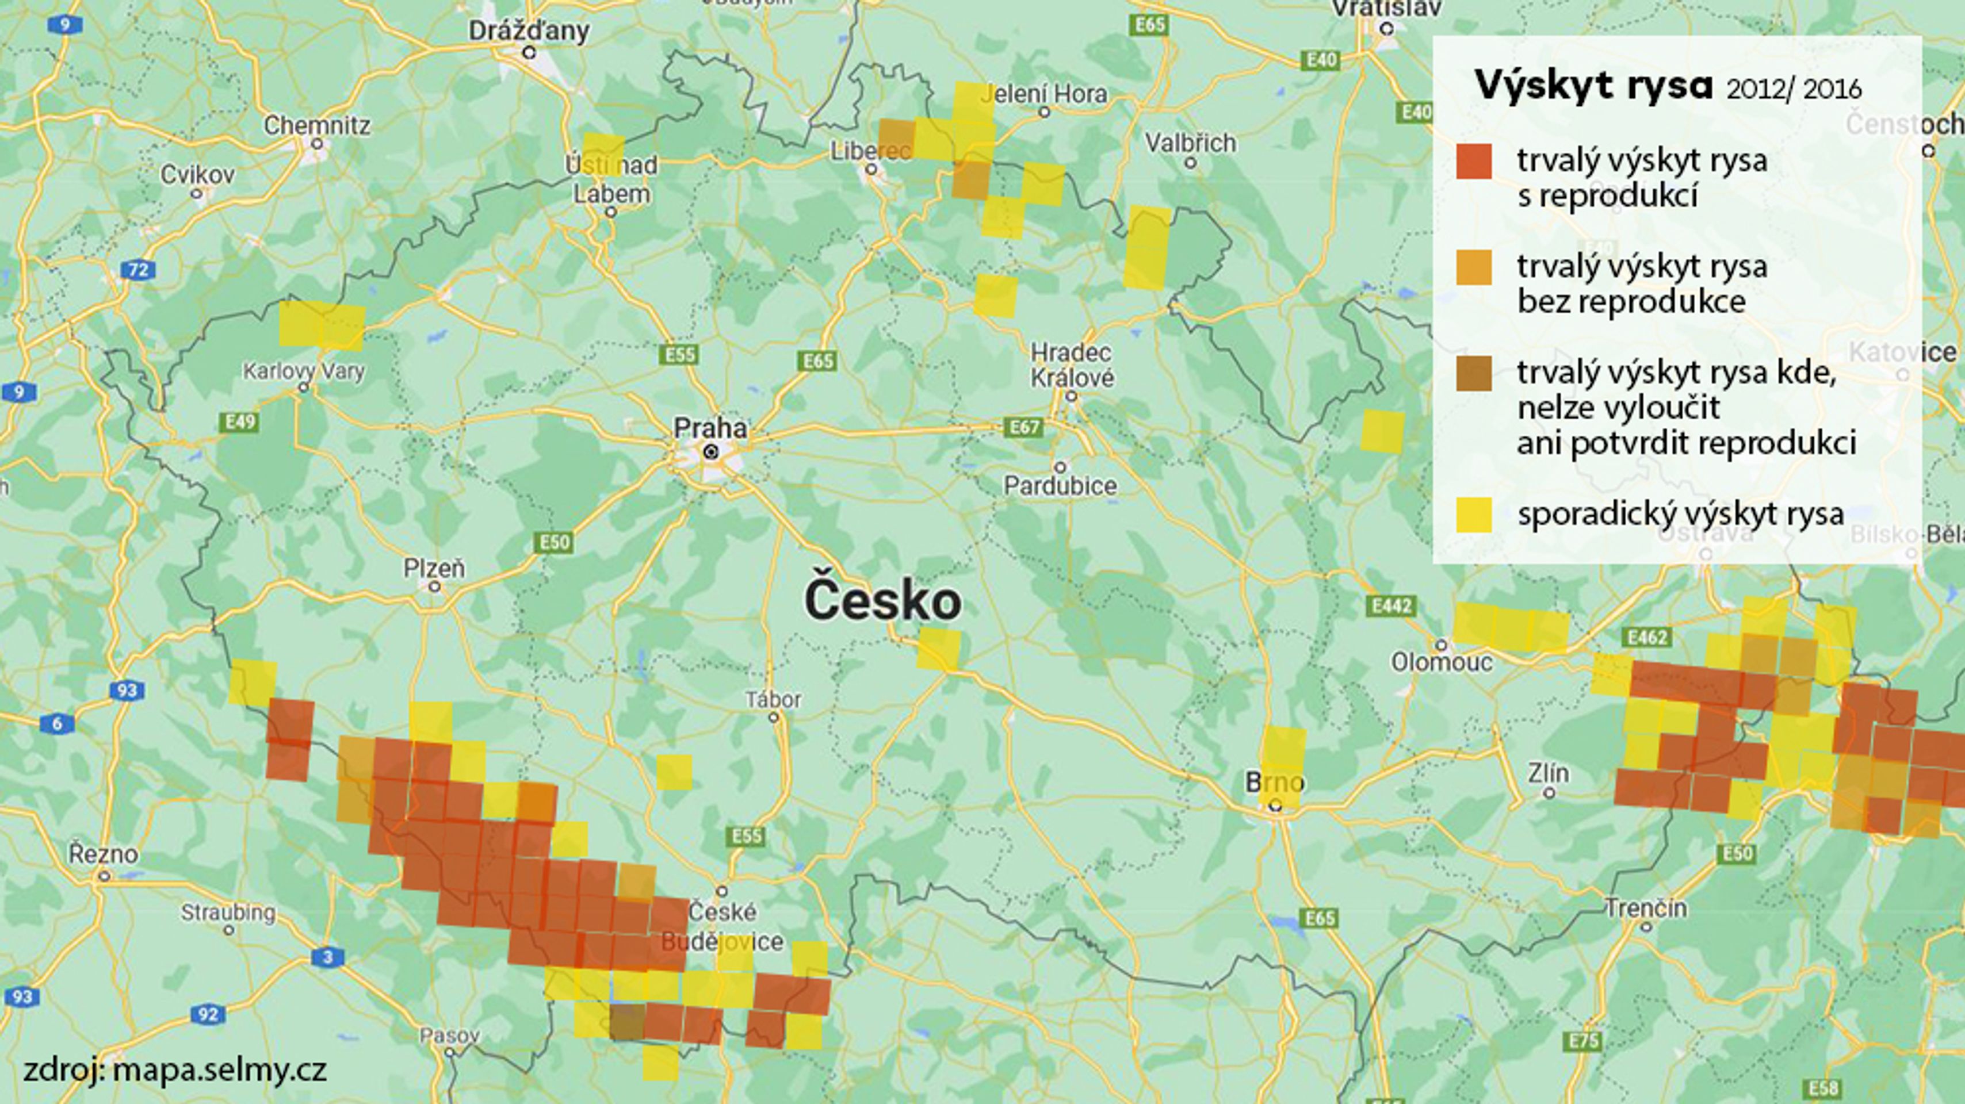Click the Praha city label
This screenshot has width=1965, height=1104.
(x=709, y=428)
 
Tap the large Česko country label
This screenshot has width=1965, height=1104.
(x=882, y=601)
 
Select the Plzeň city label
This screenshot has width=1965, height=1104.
(x=434, y=568)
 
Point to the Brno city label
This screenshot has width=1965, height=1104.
(x=1275, y=782)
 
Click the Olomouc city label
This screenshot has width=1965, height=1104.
(x=1441, y=662)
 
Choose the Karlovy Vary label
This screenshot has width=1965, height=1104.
(x=304, y=371)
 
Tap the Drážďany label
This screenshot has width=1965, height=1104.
(x=529, y=31)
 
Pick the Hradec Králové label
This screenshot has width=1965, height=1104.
(x=1072, y=365)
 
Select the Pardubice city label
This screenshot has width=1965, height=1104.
(x=1060, y=486)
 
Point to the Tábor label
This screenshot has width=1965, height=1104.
(x=774, y=699)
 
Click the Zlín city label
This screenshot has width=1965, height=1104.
(x=1549, y=773)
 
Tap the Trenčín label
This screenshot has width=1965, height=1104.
(x=1645, y=908)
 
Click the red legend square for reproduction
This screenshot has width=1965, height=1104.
(x=1474, y=162)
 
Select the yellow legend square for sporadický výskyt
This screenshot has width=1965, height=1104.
(x=1474, y=515)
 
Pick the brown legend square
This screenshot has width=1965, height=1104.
(x=1474, y=374)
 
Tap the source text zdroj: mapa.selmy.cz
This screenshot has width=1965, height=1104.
(x=175, y=1069)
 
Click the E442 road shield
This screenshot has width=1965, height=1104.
(x=1390, y=606)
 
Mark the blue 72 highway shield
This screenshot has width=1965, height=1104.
(x=138, y=269)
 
